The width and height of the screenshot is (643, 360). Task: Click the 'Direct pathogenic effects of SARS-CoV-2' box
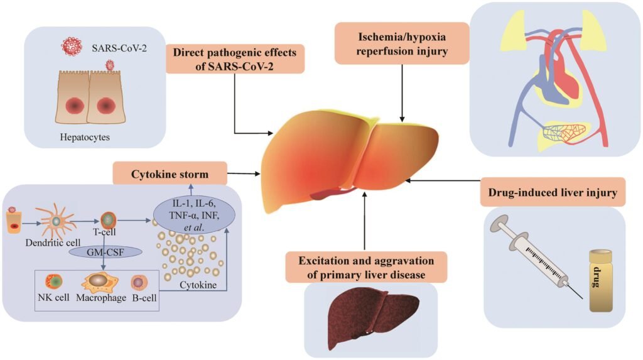coord(235,58)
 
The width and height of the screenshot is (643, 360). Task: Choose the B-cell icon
coord(139,282)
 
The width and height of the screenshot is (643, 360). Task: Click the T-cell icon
coord(109,221)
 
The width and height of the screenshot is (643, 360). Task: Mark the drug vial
coord(600,280)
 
